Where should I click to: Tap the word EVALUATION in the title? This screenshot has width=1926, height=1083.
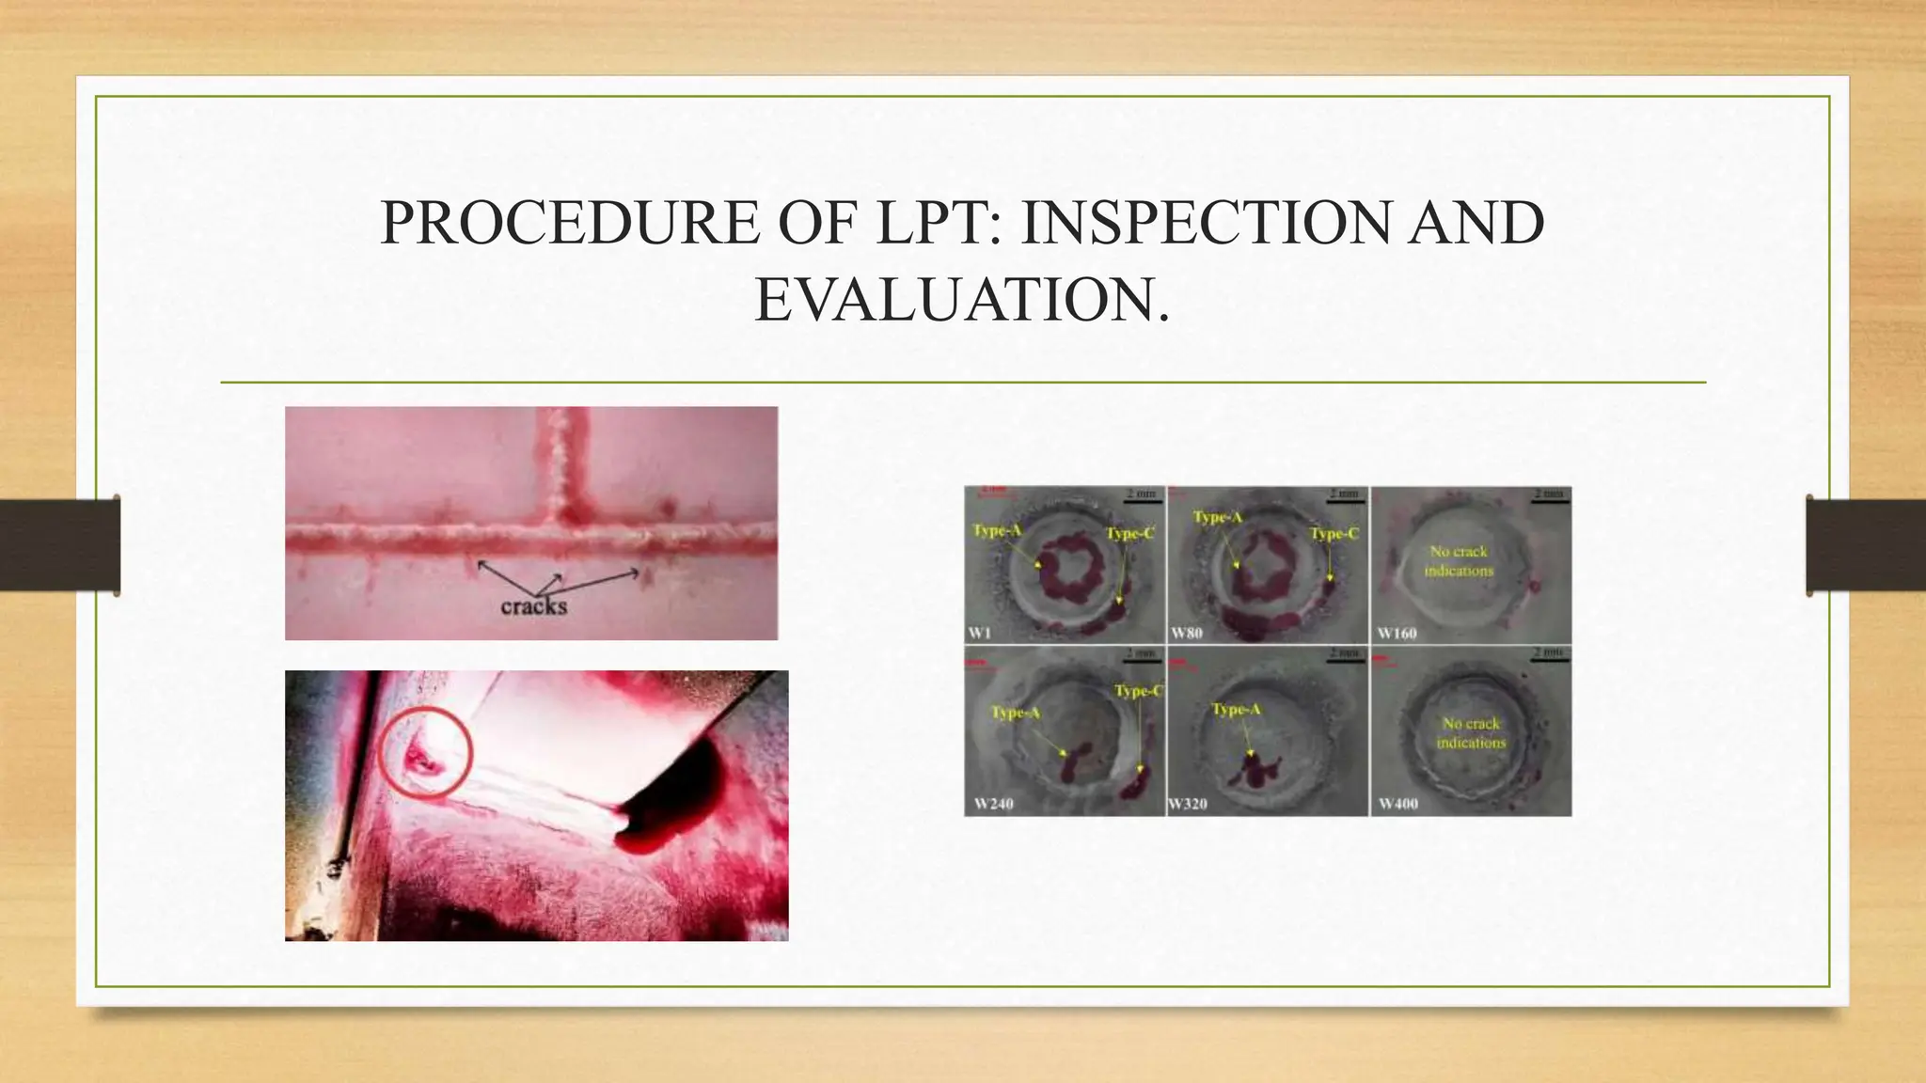pyautogui.click(x=962, y=301)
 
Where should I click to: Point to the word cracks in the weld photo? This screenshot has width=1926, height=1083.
pyautogui.click(x=533, y=606)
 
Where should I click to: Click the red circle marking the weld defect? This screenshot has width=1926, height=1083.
pyautogui.click(x=425, y=752)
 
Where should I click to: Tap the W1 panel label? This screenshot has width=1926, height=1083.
pyautogui.click(x=979, y=633)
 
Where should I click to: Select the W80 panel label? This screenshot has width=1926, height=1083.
pyautogui.click(x=1187, y=633)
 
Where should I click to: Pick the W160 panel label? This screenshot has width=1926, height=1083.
pyautogui.click(x=1397, y=633)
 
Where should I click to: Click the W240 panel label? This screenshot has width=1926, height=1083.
pyautogui.click(x=993, y=804)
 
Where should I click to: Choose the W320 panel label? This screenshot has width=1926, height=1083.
pyautogui.click(x=1188, y=804)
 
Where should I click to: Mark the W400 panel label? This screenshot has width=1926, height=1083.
pyautogui.click(x=1397, y=804)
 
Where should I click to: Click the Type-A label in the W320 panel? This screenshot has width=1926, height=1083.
pyautogui.click(x=1236, y=709)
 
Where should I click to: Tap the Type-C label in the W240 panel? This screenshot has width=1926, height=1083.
pyautogui.click(x=1138, y=691)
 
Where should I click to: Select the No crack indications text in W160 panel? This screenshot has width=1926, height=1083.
pyautogui.click(x=1459, y=561)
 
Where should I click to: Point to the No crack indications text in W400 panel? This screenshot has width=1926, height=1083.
pyautogui.click(x=1471, y=733)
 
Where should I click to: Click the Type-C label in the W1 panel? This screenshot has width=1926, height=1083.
pyautogui.click(x=1129, y=534)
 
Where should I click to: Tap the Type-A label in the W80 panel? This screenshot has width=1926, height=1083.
pyautogui.click(x=1217, y=517)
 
